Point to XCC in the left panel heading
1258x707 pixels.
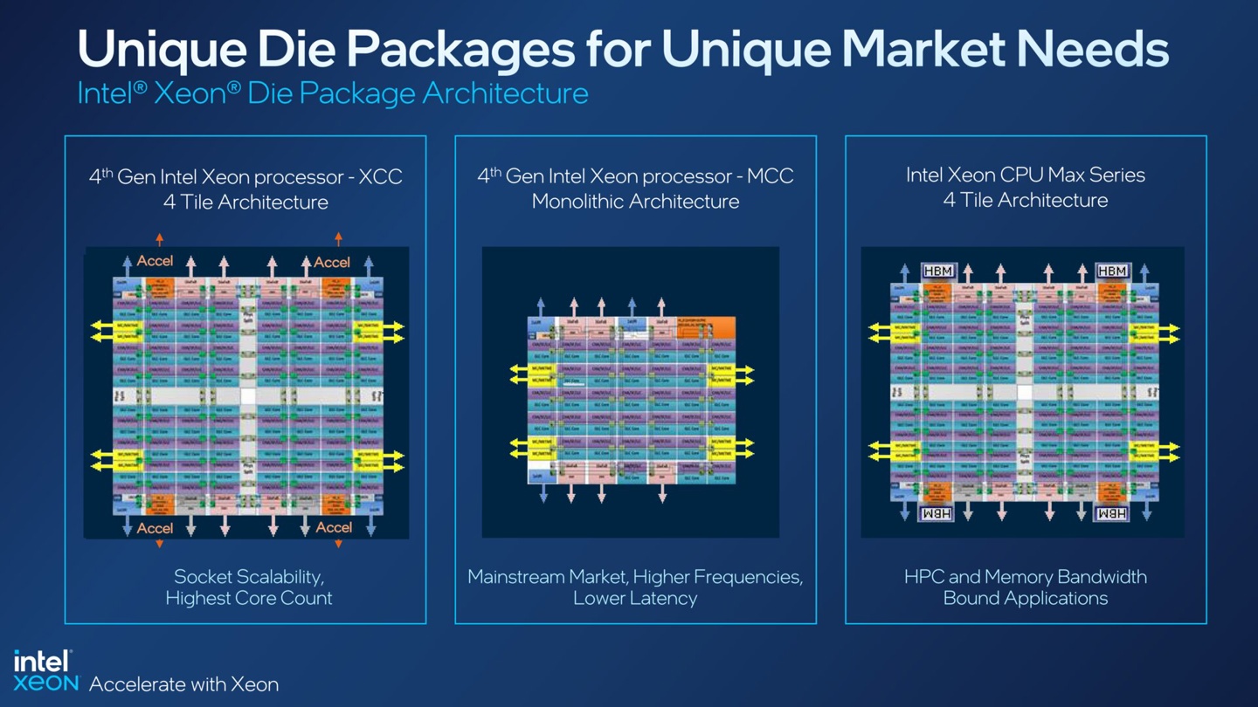(x=381, y=177)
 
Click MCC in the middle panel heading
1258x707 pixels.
(x=771, y=176)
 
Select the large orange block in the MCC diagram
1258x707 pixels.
(x=707, y=327)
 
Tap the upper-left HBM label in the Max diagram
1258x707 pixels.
(x=938, y=271)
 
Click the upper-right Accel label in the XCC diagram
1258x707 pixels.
(x=332, y=262)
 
